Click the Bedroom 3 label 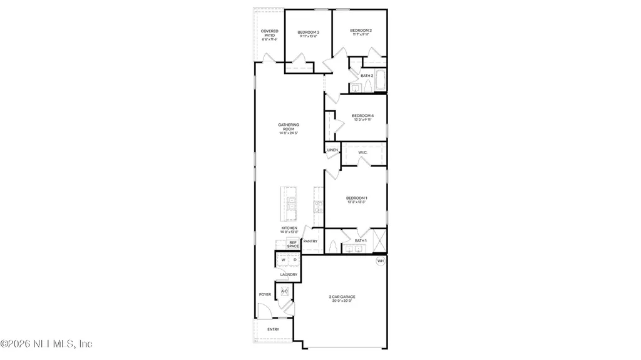click(x=308, y=33)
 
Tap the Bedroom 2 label click(x=361, y=31)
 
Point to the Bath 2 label click(x=367, y=76)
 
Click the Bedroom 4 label click(x=362, y=116)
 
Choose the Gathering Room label click(x=288, y=128)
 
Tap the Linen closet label click(x=332, y=150)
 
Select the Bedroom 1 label click(x=357, y=199)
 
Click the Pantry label click(x=310, y=241)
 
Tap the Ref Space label click(x=293, y=244)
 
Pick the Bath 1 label click(x=361, y=240)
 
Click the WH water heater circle click(x=380, y=261)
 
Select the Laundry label click(x=289, y=274)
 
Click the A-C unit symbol click(x=284, y=292)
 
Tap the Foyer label click(x=265, y=294)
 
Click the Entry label click(x=273, y=329)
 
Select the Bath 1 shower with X click(x=378, y=240)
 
